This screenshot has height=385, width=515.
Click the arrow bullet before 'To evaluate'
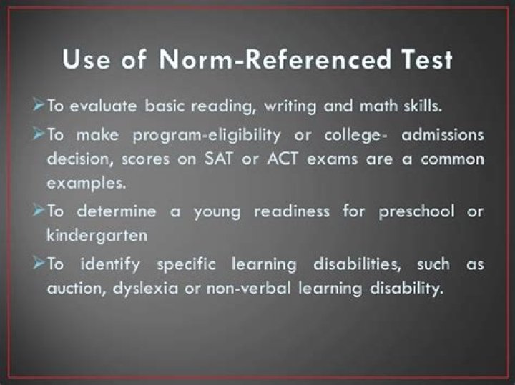coord(38,107)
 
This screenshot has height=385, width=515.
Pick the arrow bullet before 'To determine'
coord(38,212)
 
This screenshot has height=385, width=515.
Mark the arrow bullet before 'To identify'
coord(38,264)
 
